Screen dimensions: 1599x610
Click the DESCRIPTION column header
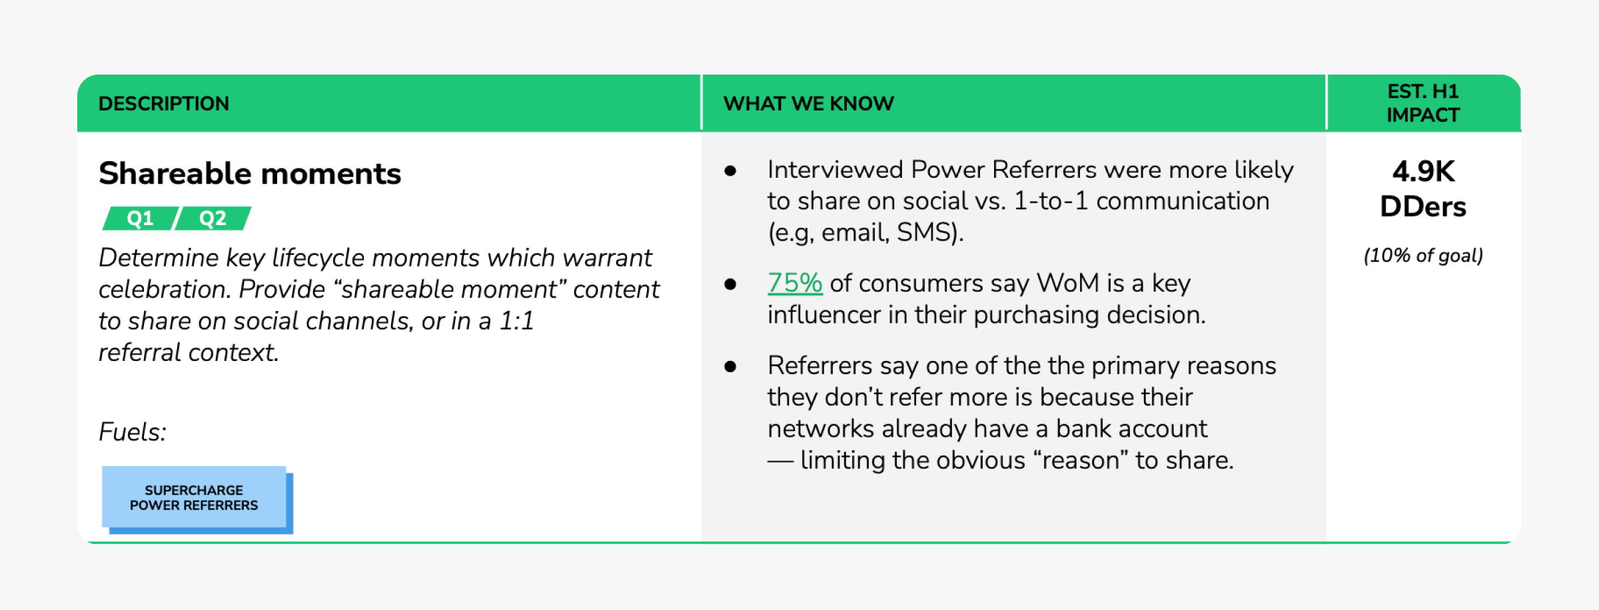(x=164, y=103)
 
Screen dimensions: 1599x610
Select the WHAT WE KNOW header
(x=809, y=103)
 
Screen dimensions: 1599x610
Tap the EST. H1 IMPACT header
(x=1423, y=103)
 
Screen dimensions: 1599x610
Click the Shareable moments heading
(x=250, y=173)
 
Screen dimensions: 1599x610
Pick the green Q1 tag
(x=141, y=218)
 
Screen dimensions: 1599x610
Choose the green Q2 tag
(x=213, y=218)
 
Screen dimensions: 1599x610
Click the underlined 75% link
(x=795, y=283)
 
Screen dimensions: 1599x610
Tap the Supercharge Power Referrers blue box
(x=194, y=497)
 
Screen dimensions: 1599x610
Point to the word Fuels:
(x=133, y=432)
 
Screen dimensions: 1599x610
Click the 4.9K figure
(x=1423, y=172)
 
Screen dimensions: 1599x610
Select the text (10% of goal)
(x=1423, y=256)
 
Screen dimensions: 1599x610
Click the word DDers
(x=1423, y=207)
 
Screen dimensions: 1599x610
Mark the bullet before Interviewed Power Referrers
(x=730, y=171)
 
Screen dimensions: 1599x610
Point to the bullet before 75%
(x=730, y=284)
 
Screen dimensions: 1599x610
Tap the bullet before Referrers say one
(x=730, y=367)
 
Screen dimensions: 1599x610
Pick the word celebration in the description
(x=164, y=290)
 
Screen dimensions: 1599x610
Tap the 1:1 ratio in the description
(x=516, y=321)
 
